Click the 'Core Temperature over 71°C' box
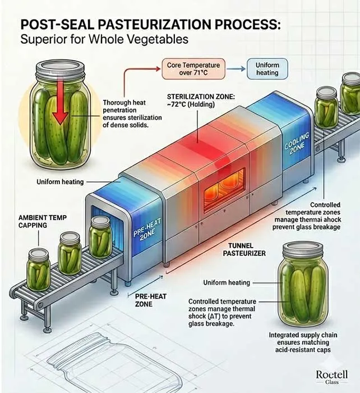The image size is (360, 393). pos(193,69)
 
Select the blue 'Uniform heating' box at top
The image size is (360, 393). pos(267,69)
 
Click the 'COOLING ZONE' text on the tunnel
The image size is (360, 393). pos(297,144)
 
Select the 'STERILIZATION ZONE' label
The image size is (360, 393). pos(201,100)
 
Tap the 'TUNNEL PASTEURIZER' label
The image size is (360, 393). pos(244,249)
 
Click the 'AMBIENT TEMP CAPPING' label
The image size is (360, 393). pos(43,221)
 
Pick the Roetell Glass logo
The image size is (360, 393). pos(332,377)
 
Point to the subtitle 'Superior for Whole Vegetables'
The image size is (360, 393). pos(104,39)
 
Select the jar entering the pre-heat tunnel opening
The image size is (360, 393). pos(100,237)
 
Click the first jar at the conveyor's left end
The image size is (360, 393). pos(38,269)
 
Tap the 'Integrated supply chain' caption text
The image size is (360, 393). pos(303,342)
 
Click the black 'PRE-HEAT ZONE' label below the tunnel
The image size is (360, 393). pos(151,300)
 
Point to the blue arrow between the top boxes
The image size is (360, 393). pos(236,68)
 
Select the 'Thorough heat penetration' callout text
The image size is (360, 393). pos(132,114)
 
